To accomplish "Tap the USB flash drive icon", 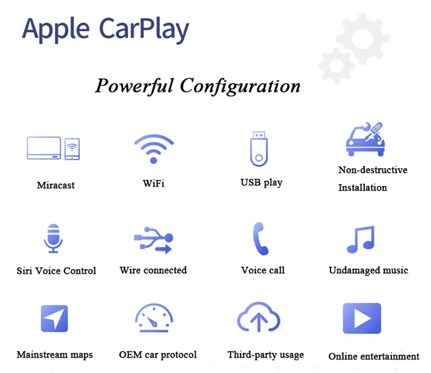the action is [x=259, y=149].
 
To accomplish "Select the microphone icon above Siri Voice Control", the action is [x=53, y=238].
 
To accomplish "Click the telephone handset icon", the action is [x=260, y=239].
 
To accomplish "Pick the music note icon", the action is [x=361, y=239].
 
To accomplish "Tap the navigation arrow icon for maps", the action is [x=55, y=318].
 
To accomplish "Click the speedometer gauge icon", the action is [x=154, y=317].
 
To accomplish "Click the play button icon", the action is [x=362, y=318].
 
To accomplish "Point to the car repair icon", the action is [x=365, y=139].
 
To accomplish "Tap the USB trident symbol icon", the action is [x=153, y=240].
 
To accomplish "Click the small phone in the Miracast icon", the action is [x=72, y=149].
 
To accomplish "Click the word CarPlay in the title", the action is [x=144, y=29].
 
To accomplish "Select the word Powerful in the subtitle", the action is [x=134, y=86].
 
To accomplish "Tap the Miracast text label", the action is [x=56, y=185].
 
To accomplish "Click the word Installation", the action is [x=363, y=188].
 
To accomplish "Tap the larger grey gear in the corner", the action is [x=363, y=39].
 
